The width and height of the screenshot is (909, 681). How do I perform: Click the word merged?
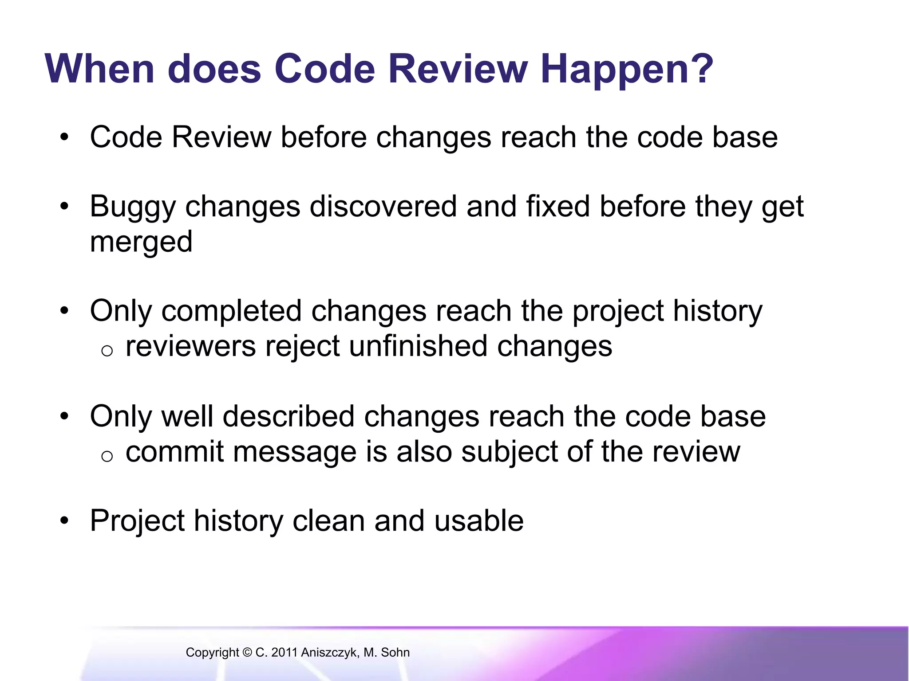point(141,243)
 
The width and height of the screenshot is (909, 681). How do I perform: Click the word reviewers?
point(191,346)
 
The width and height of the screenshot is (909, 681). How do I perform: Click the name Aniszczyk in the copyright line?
point(330,653)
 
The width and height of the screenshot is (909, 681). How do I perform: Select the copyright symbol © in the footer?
point(247,653)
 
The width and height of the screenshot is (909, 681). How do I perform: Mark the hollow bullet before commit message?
point(107,456)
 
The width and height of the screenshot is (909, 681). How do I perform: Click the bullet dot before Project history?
point(65,521)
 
